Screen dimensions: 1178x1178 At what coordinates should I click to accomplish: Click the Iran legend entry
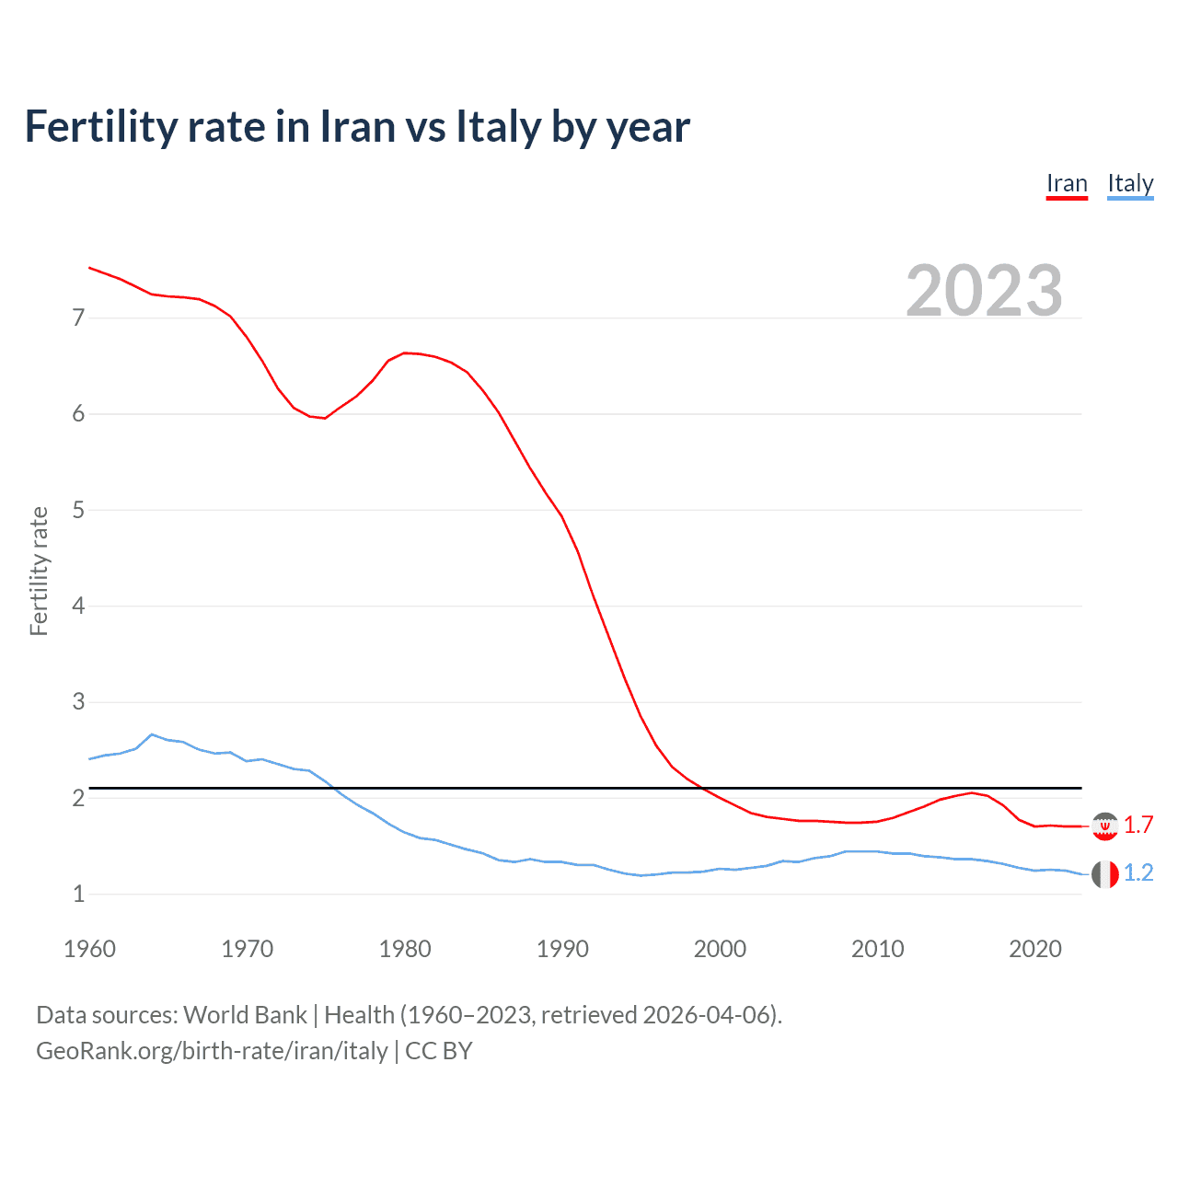coord(1067,184)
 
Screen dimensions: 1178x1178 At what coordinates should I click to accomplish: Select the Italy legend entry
coord(1130,184)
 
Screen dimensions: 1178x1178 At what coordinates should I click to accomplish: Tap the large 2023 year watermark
coord(984,291)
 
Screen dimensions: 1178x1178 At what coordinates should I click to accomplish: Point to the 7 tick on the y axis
coord(78,318)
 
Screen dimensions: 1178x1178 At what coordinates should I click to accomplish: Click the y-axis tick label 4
coord(78,606)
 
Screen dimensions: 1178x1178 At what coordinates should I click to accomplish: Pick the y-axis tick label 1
coord(78,894)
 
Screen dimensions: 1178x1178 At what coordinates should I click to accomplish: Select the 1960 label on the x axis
coord(89,949)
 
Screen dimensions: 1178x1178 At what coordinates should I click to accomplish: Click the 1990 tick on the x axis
coord(562,949)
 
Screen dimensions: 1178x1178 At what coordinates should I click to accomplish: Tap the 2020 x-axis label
coord(1035,949)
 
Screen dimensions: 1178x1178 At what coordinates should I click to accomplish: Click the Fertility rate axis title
coord(39,571)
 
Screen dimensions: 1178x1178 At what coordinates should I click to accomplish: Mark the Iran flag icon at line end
coord(1104,826)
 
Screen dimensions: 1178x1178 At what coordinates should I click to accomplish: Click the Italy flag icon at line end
coord(1104,873)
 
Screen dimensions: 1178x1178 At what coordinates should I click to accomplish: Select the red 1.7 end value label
coord(1138,826)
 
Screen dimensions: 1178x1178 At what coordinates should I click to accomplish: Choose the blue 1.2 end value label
coord(1138,873)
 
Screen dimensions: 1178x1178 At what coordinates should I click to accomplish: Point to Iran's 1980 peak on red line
coord(405,352)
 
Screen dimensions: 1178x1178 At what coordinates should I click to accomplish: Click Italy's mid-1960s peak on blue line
coord(152,734)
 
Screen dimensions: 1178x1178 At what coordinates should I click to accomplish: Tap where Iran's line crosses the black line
coord(702,788)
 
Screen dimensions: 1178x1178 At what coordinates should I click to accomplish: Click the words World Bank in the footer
coord(245,1015)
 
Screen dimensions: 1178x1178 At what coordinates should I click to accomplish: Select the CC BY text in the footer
coord(438,1051)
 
